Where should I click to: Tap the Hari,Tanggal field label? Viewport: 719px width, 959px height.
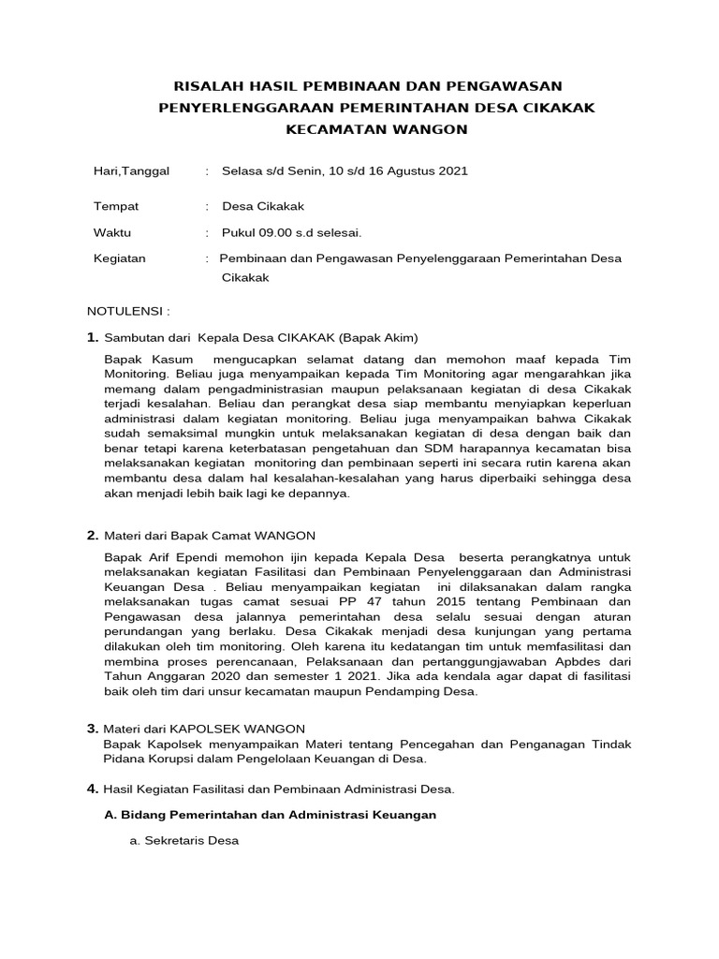[x=131, y=171]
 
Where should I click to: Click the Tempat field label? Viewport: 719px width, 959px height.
[x=115, y=206]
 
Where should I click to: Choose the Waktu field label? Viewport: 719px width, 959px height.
[x=112, y=232]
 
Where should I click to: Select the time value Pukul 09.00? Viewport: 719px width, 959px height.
[x=291, y=232]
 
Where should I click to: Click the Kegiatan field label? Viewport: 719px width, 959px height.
[x=120, y=258]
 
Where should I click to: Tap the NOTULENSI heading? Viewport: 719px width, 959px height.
[x=128, y=310]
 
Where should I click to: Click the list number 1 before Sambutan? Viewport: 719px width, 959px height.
[x=92, y=337]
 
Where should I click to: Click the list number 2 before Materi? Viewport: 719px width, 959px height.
[x=92, y=536]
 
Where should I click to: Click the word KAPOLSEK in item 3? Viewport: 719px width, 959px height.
[x=212, y=728]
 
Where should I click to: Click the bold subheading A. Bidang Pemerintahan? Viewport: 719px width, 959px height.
[x=270, y=815]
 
